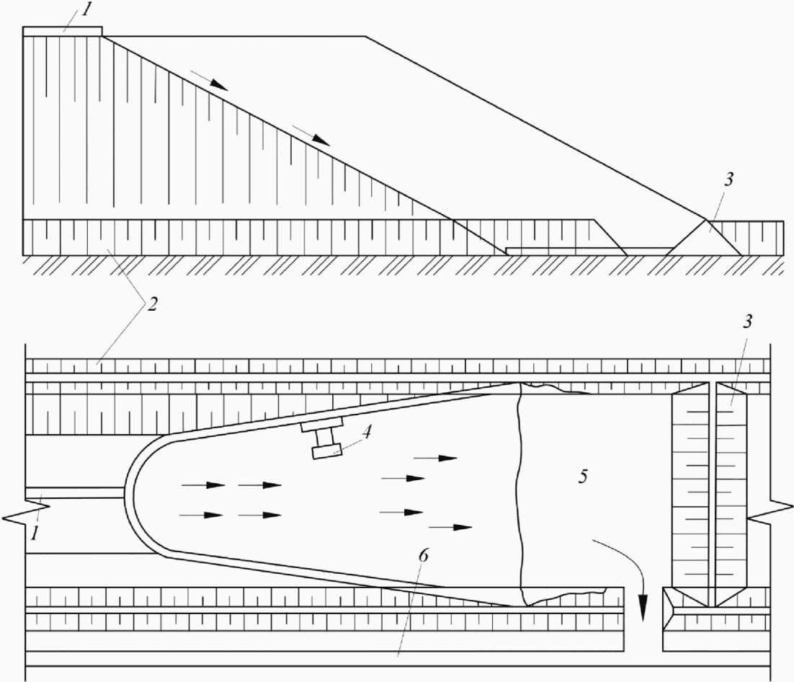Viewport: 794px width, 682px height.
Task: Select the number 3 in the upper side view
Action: coord(729,181)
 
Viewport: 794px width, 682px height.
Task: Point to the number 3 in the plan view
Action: coord(747,322)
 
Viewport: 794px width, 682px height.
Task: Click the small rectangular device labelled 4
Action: coord(326,452)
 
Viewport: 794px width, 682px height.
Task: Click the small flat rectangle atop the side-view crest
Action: coord(62,31)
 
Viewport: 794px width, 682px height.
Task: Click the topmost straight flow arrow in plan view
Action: coord(437,458)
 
